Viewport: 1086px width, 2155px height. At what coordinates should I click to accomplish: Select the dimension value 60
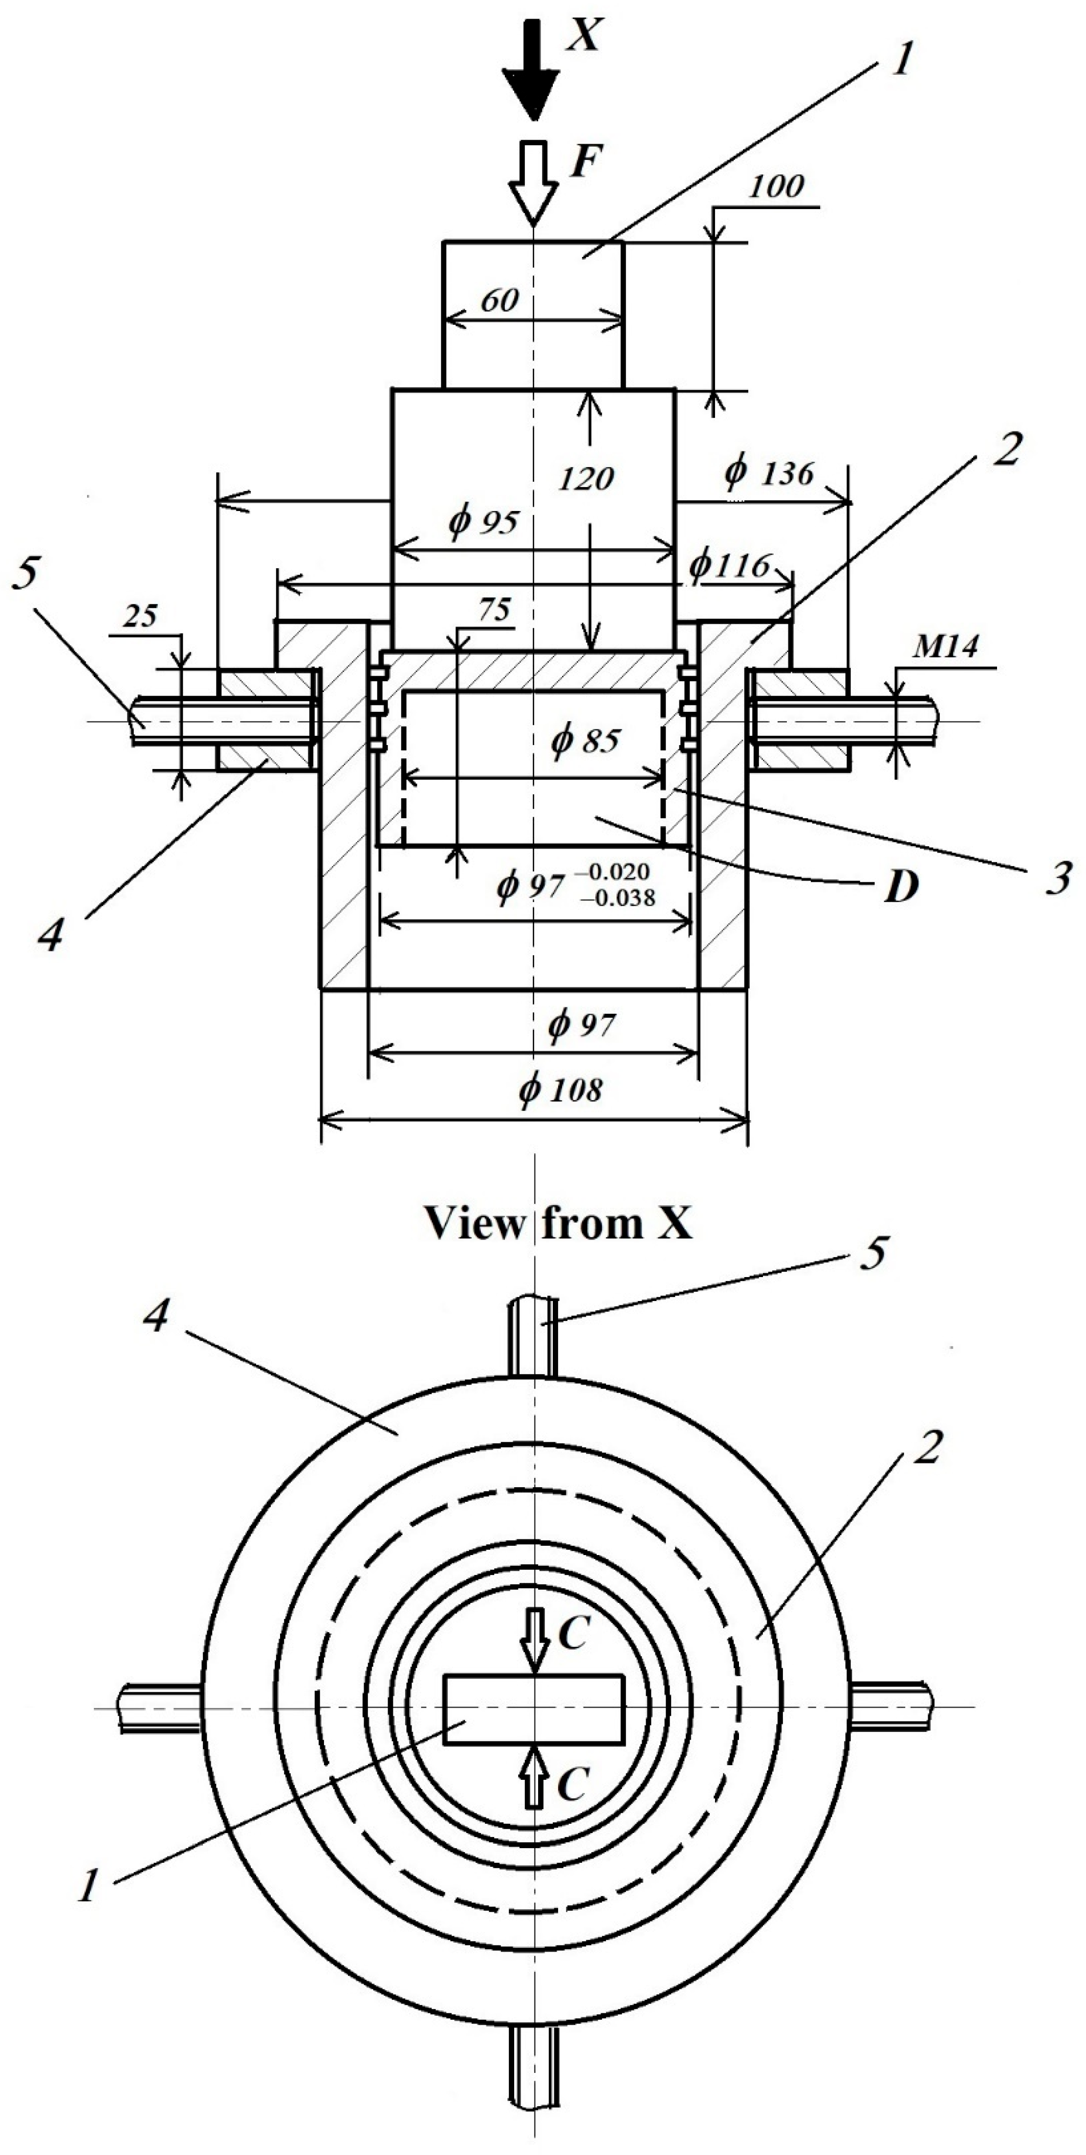500,299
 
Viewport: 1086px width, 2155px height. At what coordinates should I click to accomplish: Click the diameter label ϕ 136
768,473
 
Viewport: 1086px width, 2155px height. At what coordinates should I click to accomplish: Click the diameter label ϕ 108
560,1089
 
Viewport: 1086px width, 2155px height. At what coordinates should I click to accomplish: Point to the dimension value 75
495,609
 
